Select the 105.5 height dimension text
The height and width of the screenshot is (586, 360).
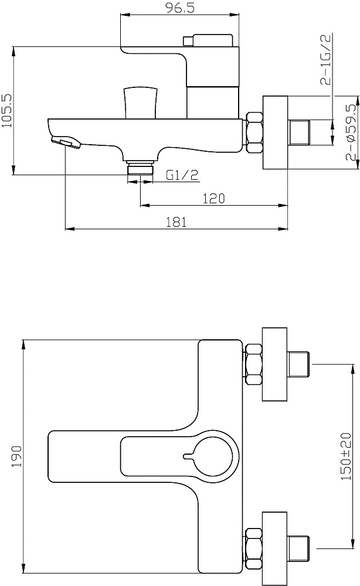click(7, 111)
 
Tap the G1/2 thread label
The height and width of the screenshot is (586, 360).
click(182, 175)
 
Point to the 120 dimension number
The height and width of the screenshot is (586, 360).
click(214, 199)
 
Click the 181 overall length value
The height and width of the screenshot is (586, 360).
click(176, 222)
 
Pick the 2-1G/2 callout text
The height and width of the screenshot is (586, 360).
click(325, 59)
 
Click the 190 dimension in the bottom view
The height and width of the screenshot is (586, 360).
click(17, 456)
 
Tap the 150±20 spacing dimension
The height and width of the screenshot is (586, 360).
click(346, 456)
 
